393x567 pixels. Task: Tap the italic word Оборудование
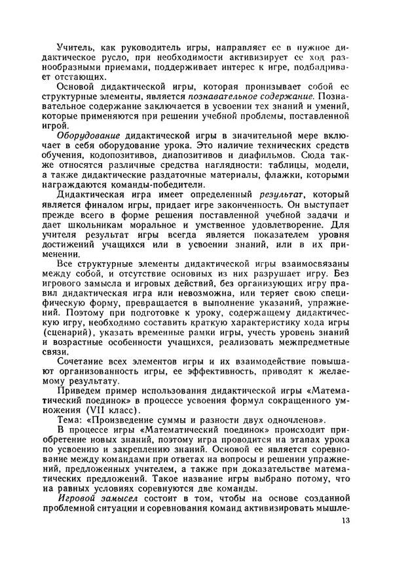point(86,134)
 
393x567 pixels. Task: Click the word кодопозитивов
point(114,159)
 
